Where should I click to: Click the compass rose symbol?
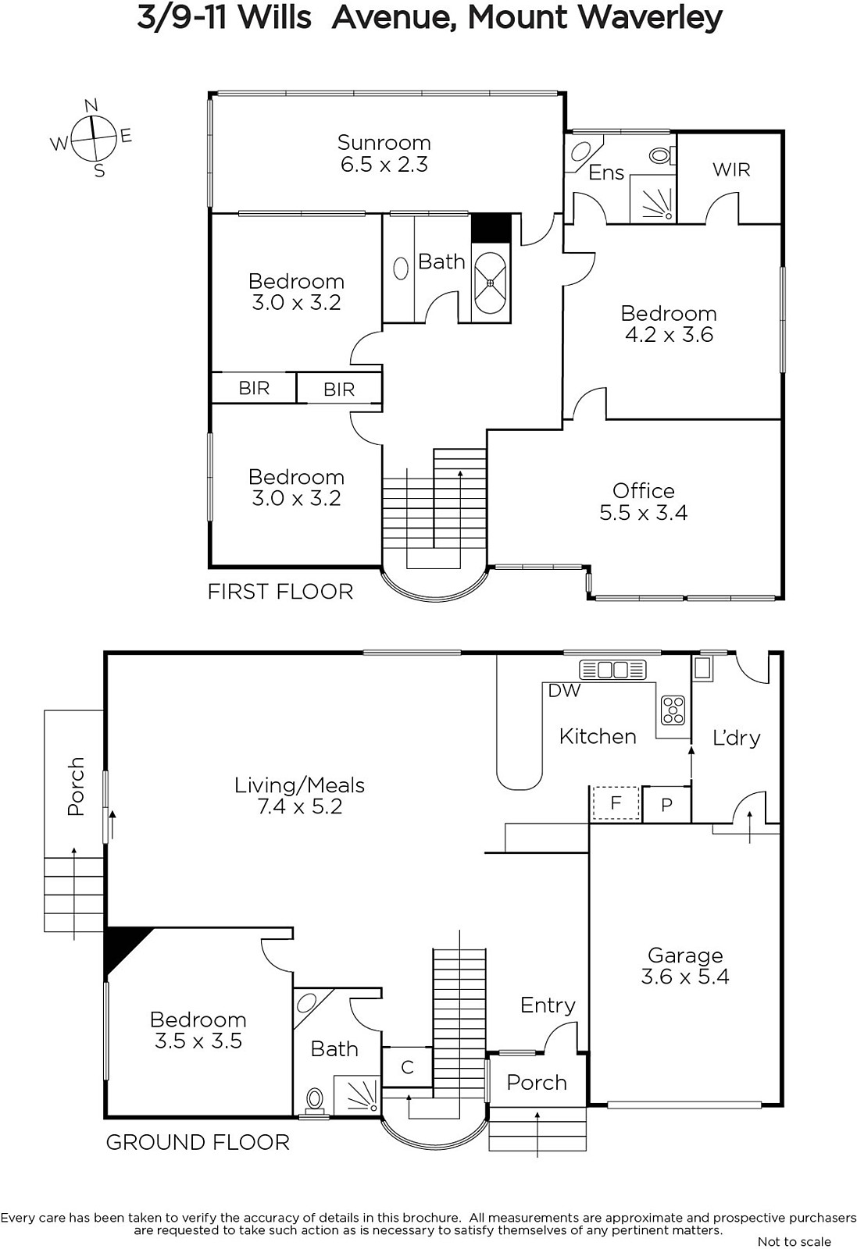point(93,137)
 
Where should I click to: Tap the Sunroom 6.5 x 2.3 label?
point(384,153)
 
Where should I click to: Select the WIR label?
point(731,169)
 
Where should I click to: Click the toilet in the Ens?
point(662,155)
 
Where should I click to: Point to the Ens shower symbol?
point(653,199)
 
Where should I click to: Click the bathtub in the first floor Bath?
point(491,283)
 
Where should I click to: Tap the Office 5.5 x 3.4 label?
point(643,502)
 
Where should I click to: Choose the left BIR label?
point(254,388)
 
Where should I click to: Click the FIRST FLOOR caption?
point(280,592)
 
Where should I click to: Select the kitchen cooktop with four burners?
point(673,710)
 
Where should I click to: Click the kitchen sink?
point(612,669)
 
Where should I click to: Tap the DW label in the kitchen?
point(564,690)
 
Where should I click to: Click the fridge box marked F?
point(616,803)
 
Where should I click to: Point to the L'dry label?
point(737,738)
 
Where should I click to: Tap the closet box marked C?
point(407,1067)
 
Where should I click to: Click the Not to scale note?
point(794,1241)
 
